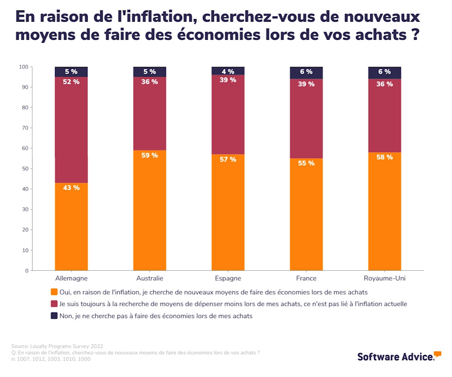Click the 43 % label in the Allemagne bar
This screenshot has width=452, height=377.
[x=71, y=188]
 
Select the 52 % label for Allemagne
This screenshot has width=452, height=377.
[x=71, y=82]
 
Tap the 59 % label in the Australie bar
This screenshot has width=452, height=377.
[x=150, y=155]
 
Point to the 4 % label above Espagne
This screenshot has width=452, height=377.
[x=228, y=72]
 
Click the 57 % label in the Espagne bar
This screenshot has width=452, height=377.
[x=228, y=159]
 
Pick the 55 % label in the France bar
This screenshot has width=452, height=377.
[x=306, y=163]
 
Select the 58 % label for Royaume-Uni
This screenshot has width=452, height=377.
[x=384, y=157]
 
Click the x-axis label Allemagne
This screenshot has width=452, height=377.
[x=71, y=278]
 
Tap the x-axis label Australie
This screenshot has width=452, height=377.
[x=150, y=278]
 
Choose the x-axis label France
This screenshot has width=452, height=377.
[x=306, y=278]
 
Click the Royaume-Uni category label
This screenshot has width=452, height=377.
[x=384, y=278]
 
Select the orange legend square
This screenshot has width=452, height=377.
[x=54, y=292]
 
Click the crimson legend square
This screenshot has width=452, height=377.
[x=54, y=304]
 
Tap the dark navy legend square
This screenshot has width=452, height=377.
[x=54, y=315]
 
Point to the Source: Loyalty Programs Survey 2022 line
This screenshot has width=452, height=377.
[x=57, y=346]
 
